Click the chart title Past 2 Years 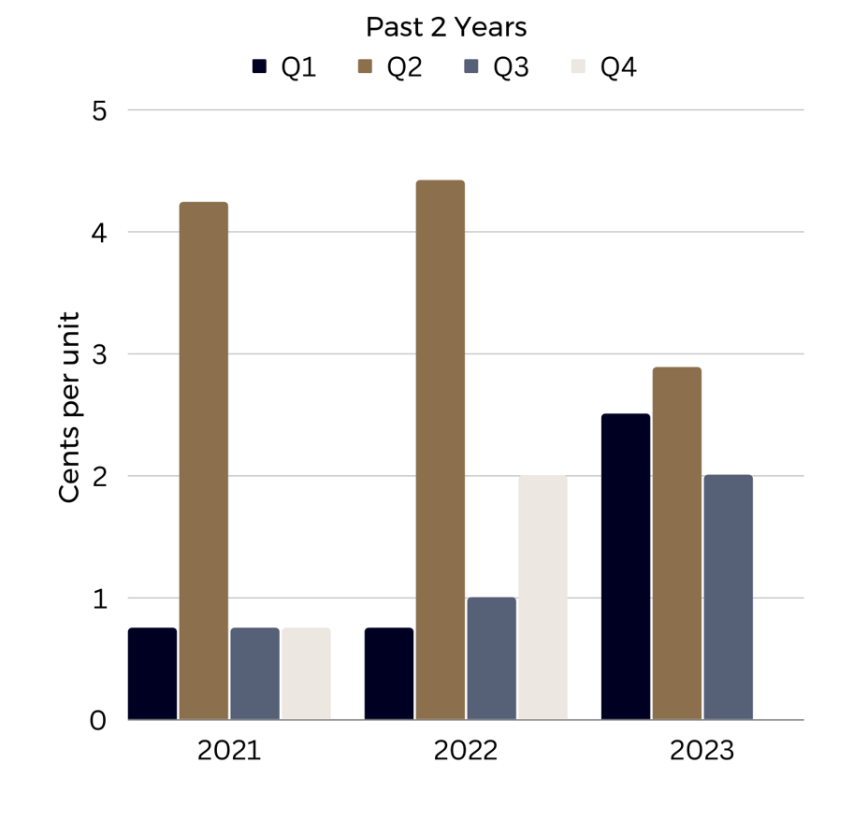(445, 26)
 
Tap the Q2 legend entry (391, 67)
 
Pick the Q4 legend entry (604, 67)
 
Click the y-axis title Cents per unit (70, 407)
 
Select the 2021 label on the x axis (229, 752)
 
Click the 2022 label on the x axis (466, 752)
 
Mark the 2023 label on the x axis (702, 752)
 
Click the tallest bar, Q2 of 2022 (441, 450)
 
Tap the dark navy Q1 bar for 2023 (626, 567)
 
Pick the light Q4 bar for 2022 (542, 598)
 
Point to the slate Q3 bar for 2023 (728, 598)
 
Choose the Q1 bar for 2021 (152, 674)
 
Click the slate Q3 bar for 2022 (491, 658)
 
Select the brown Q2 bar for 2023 (676, 543)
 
